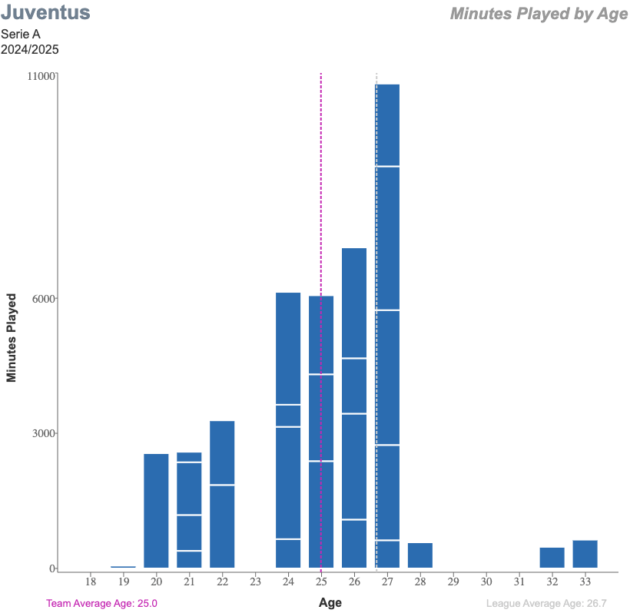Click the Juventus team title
pyautogui.click(x=45, y=13)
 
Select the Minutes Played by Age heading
pyautogui.click(x=539, y=14)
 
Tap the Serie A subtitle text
pyautogui.click(x=20, y=34)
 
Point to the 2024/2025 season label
pyautogui.click(x=30, y=49)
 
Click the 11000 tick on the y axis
pyautogui.click(x=41, y=76)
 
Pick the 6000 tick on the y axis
pyautogui.click(x=44, y=299)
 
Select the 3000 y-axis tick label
pyautogui.click(x=44, y=433)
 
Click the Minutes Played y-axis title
pyautogui.click(x=12, y=337)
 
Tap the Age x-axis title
pyautogui.click(x=330, y=603)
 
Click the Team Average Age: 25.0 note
pyautogui.click(x=101, y=604)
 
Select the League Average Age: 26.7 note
pyautogui.click(x=546, y=604)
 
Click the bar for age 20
pyautogui.click(x=156, y=510)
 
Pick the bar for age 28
pyautogui.click(x=420, y=555)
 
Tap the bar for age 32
pyautogui.click(x=552, y=557)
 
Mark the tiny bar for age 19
pyautogui.click(x=123, y=567)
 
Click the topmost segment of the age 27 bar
pyautogui.click(x=387, y=124)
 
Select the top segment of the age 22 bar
pyautogui.click(x=222, y=452)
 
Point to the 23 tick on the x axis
pyautogui.click(x=255, y=581)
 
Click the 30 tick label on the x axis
pyautogui.click(x=486, y=581)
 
